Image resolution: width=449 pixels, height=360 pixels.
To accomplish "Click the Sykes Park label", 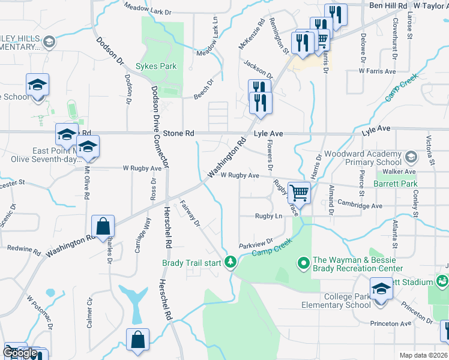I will pyautogui.click(x=156, y=66).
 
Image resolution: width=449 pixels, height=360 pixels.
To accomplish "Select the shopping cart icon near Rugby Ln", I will pyautogui.click(x=299, y=193).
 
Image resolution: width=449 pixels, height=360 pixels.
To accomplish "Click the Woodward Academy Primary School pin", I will pyautogui.click(x=411, y=157).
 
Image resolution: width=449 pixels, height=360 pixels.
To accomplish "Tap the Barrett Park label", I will pyautogui.click(x=395, y=184).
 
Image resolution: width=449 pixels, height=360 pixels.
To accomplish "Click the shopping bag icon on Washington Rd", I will pyautogui.click(x=103, y=227).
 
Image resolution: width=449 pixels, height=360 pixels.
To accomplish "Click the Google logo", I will pyautogui.click(x=20, y=353).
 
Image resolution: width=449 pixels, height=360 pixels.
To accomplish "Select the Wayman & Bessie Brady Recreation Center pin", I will pyautogui.click(x=303, y=262).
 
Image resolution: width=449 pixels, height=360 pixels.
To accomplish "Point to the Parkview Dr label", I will pyautogui.click(x=256, y=244).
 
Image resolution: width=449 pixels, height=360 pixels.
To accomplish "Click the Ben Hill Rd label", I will pyautogui.click(x=388, y=5).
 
